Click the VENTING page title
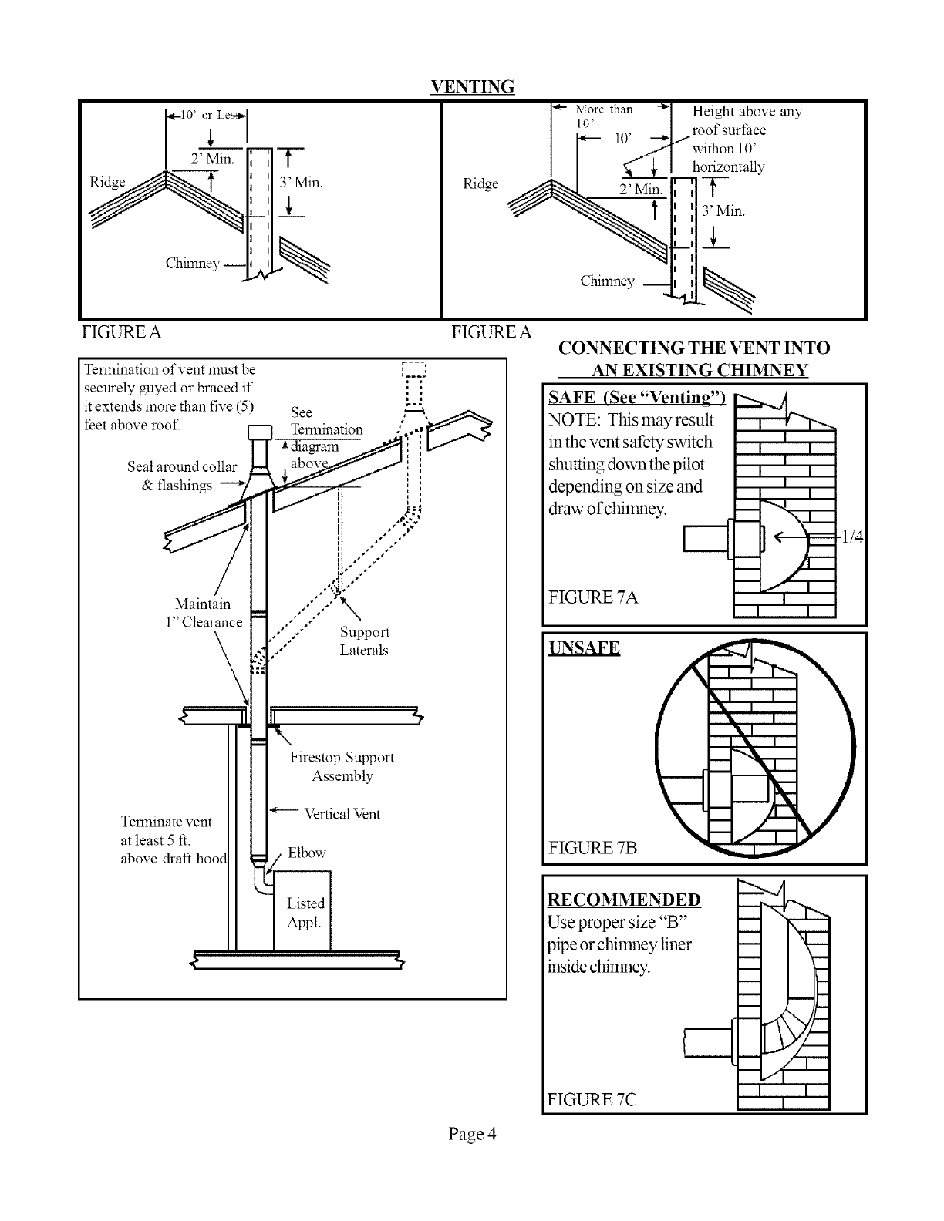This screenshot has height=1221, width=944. (472, 86)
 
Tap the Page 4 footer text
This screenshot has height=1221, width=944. (472, 1134)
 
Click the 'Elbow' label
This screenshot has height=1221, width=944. (306, 853)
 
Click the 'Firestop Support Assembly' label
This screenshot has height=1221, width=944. (342, 767)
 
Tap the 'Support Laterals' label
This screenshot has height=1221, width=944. (364, 641)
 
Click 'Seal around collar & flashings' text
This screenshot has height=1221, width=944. (182, 476)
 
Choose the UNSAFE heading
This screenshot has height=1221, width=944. (584, 647)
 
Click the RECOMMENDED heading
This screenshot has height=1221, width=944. (624, 900)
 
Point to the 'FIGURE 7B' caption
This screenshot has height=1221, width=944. (592, 849)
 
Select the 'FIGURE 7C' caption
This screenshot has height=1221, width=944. (592, 1099)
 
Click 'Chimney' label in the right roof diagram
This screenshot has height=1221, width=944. (607, 281)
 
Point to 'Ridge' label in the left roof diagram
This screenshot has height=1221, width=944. (107, 182)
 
